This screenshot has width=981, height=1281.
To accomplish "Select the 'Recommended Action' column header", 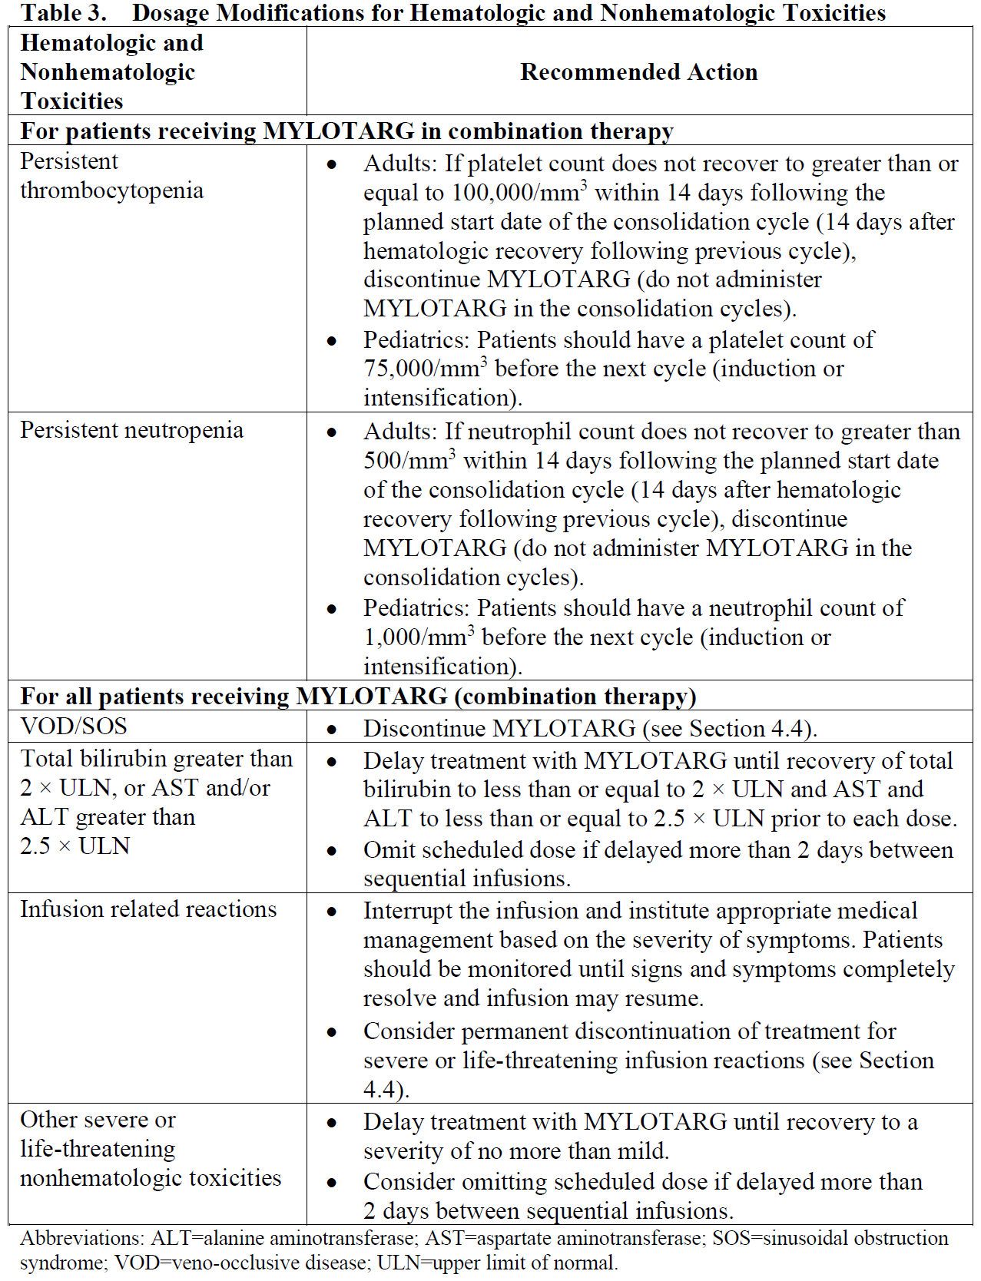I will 638,72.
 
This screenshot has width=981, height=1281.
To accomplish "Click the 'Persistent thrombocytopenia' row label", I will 111,176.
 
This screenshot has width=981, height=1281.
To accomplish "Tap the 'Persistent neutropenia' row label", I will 131,430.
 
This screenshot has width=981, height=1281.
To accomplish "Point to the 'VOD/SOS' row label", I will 74,727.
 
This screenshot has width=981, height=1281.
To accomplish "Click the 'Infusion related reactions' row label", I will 148,909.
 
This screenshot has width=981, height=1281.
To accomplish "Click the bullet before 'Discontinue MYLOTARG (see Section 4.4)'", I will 332,730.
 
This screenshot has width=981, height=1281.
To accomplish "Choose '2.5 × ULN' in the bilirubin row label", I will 75,846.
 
